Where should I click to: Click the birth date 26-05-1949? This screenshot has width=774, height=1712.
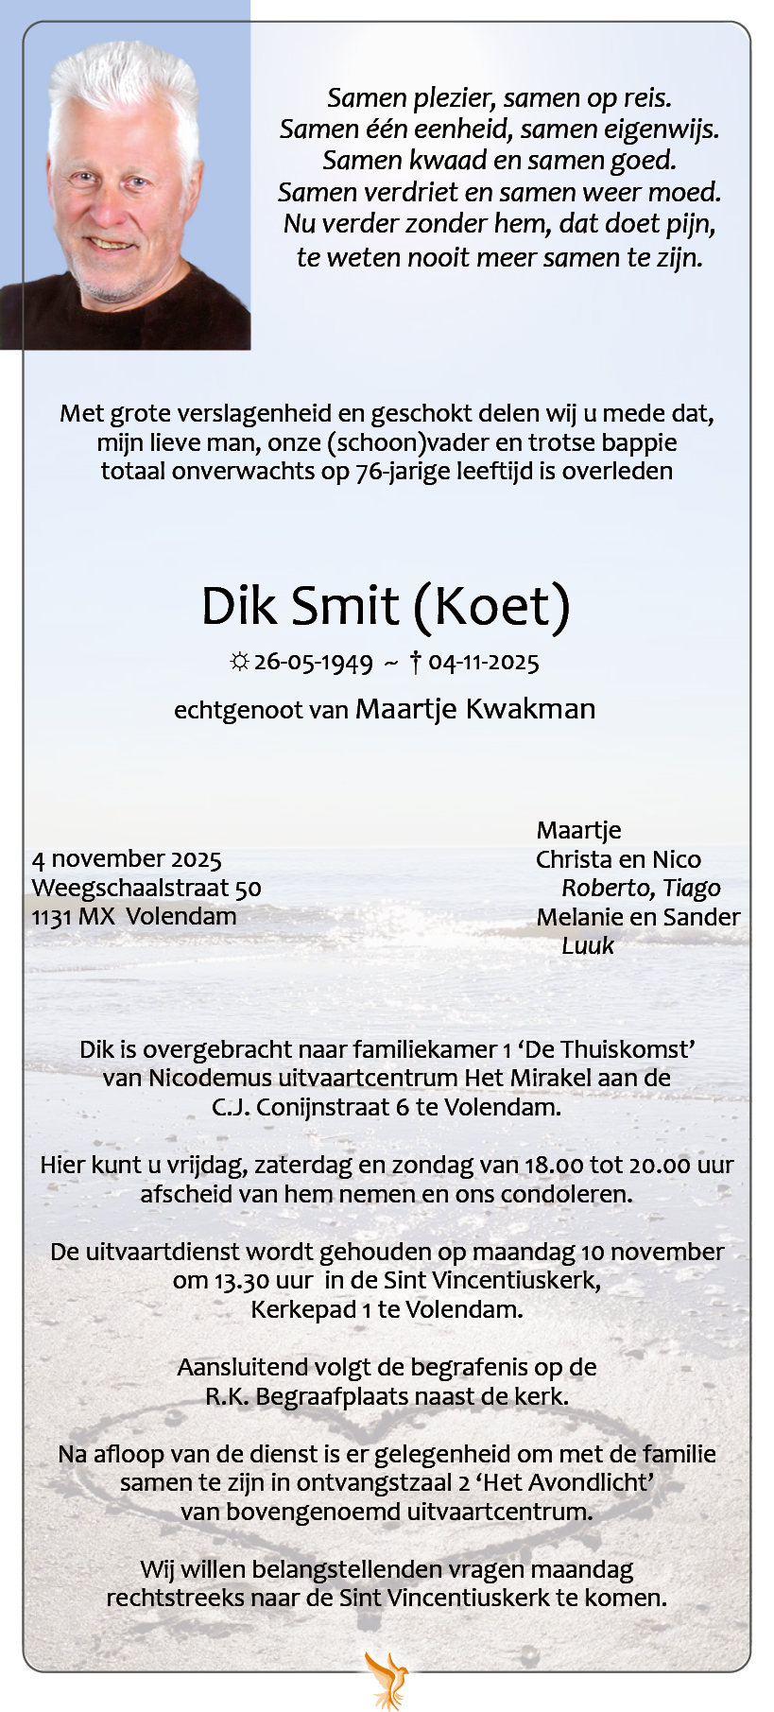(x=313, y=663)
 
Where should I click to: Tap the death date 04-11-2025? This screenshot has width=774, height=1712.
(x=483, y=663)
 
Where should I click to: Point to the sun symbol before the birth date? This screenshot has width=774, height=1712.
(x=239, y=663)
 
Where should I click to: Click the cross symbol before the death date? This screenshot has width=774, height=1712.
(x=416, y=662)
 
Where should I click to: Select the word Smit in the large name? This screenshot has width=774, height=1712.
(x=345, y=606)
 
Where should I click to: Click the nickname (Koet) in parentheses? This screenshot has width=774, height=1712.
(x=491, y=606)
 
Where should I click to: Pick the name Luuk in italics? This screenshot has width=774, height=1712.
(x=587, y=946)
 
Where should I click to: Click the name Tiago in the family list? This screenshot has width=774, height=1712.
(x=692, y=889)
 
